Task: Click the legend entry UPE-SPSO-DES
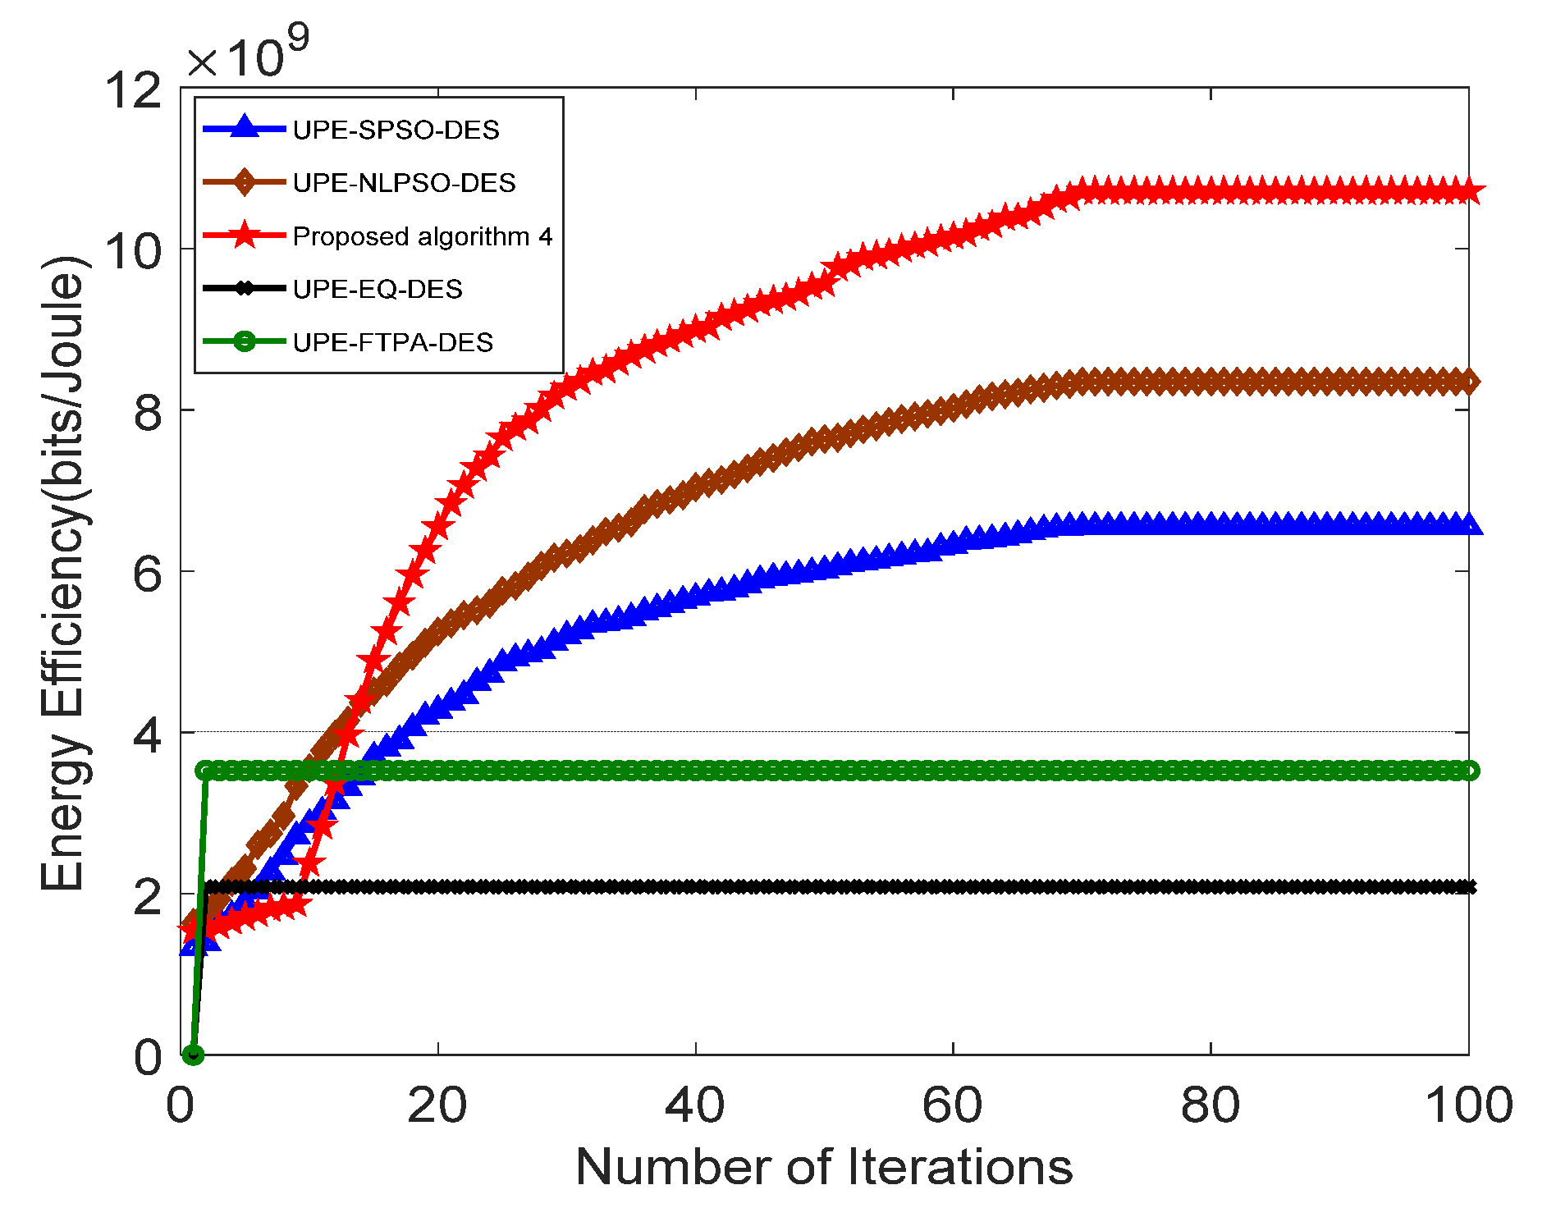(x=396, y=130)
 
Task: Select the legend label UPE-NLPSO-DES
(x=404, y=182)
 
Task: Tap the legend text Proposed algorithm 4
(x=422, y=236)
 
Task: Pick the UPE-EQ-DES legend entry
(x=378, y=289)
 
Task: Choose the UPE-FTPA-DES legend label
(x=392, y=342)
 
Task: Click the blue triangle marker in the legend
(x=244, y=127)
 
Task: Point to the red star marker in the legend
(x=244, y=235)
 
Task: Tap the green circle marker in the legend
(x=244, y=341)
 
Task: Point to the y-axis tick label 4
(x=148, y=733)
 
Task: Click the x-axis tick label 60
(x=952, y=1105)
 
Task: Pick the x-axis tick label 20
(x=437, y=1105)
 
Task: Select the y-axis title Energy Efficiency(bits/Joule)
(x=63, y=573)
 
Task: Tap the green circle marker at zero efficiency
(x=193, y=1055)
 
